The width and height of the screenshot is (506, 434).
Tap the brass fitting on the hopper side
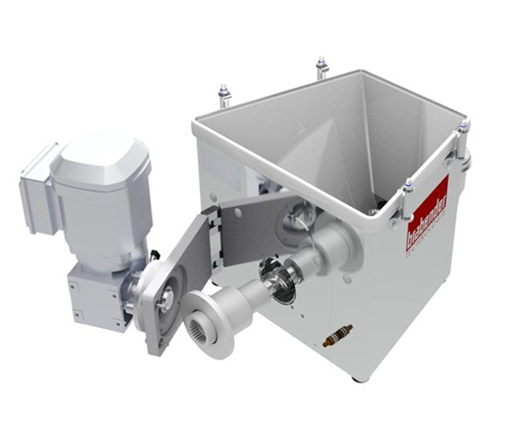click(x=337, y=335)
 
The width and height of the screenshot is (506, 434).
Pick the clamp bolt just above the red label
click(x=408, y=188)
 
